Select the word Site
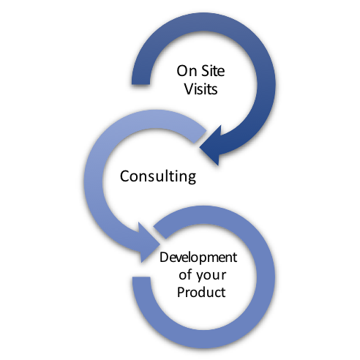coord(213,71)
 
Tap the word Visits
coord(200,89)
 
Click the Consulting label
coord(158,176)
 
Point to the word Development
coord(198,258)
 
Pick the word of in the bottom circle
coord(185,274)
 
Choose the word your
coord(211,276)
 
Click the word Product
coord(201,292)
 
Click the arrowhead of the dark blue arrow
coord(211,146)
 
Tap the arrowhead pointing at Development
coord(149,243)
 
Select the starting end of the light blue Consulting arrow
coord(200,137)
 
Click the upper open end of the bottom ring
coord(160,233)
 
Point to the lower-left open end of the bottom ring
coord(141,277)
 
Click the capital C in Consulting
coord(125,176)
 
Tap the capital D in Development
coord(165,258)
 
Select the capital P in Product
coord(181,292)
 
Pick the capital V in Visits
coord(190,89)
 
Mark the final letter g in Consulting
coord(192,178)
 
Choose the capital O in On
coord(182,71)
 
